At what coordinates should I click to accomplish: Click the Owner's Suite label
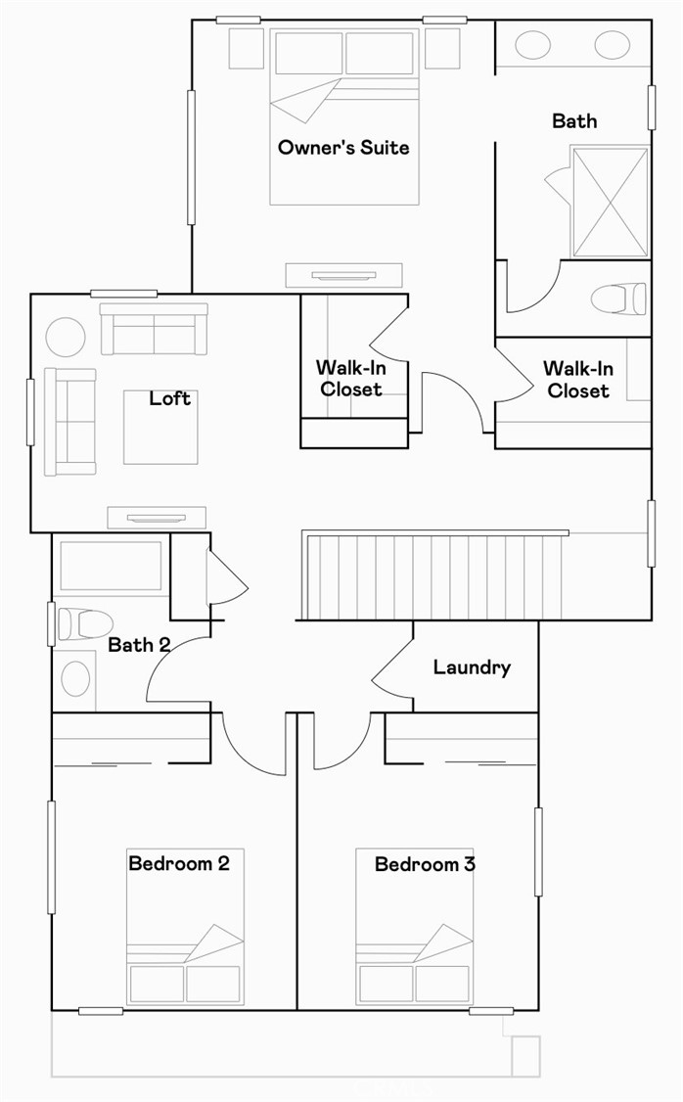point(343,148)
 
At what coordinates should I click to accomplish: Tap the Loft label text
point(169,398)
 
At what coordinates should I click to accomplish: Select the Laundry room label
point(472,667)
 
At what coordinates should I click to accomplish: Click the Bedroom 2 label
point(179,864)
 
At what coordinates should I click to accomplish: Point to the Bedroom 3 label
point(425,864)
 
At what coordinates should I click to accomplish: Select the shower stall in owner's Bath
point(609,202)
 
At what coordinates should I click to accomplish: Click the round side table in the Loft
point(66,338)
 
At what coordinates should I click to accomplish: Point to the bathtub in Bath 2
point(110,565)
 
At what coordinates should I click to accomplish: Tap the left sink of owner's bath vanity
point(531,45)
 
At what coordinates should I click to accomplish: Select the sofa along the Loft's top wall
point(154,329)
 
